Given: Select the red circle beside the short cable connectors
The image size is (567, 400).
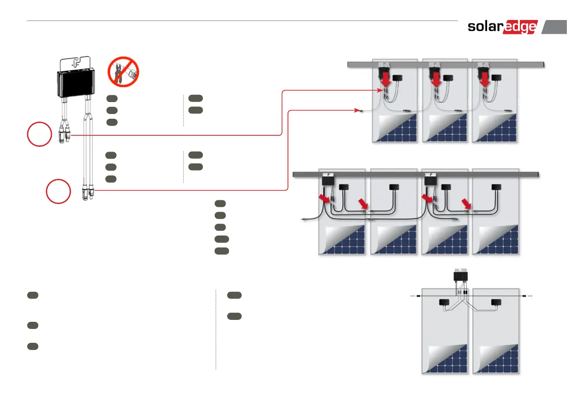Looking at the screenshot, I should click(39, 134).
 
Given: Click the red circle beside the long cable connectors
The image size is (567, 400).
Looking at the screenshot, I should click(59, 191).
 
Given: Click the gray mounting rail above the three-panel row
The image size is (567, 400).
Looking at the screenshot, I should click(446, 64).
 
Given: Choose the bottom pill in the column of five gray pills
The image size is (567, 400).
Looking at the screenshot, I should click(221, 250).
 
